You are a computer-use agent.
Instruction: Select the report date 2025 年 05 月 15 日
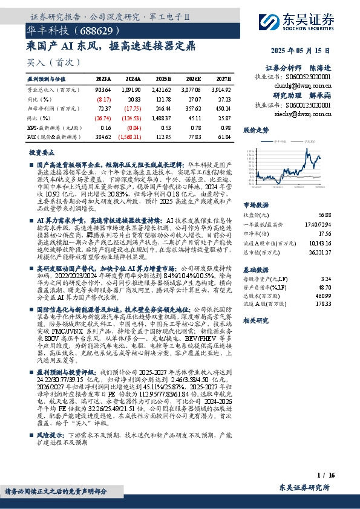(304, 51)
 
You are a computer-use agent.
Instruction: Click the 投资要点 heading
(42, 153)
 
